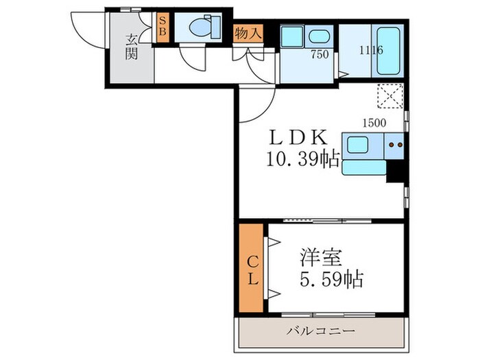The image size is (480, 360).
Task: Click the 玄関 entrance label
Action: (x=131, y=47)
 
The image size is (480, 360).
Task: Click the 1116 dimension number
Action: (x=372, y=49)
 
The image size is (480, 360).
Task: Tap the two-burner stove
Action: (x=394, y=145)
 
